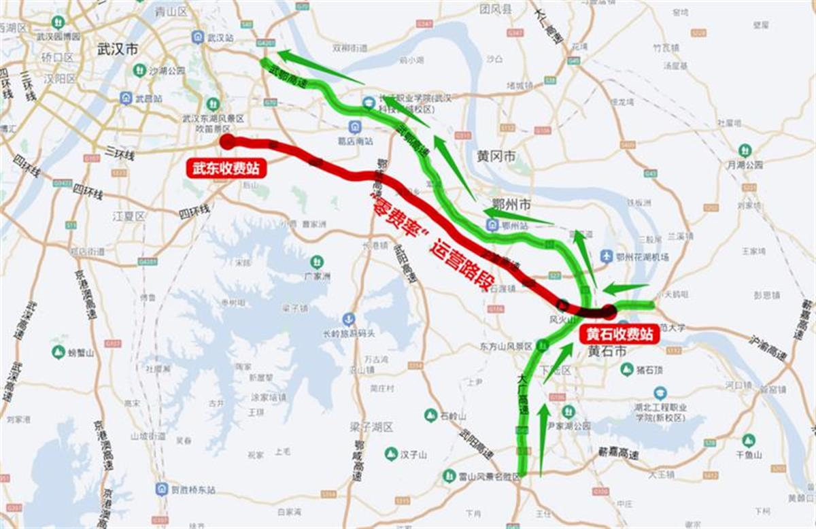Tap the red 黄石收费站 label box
click(619, 335)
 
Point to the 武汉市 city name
click(117, 49)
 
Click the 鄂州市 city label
click(511, 205)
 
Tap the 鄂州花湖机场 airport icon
click(607, 256)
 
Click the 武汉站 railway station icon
click(198, 37)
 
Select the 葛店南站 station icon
click(354, 126)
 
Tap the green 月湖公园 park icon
click(745, 150)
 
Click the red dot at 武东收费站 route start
click(227, 141)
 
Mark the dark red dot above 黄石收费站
click(609, 311)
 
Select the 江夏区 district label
click(129, 216)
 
